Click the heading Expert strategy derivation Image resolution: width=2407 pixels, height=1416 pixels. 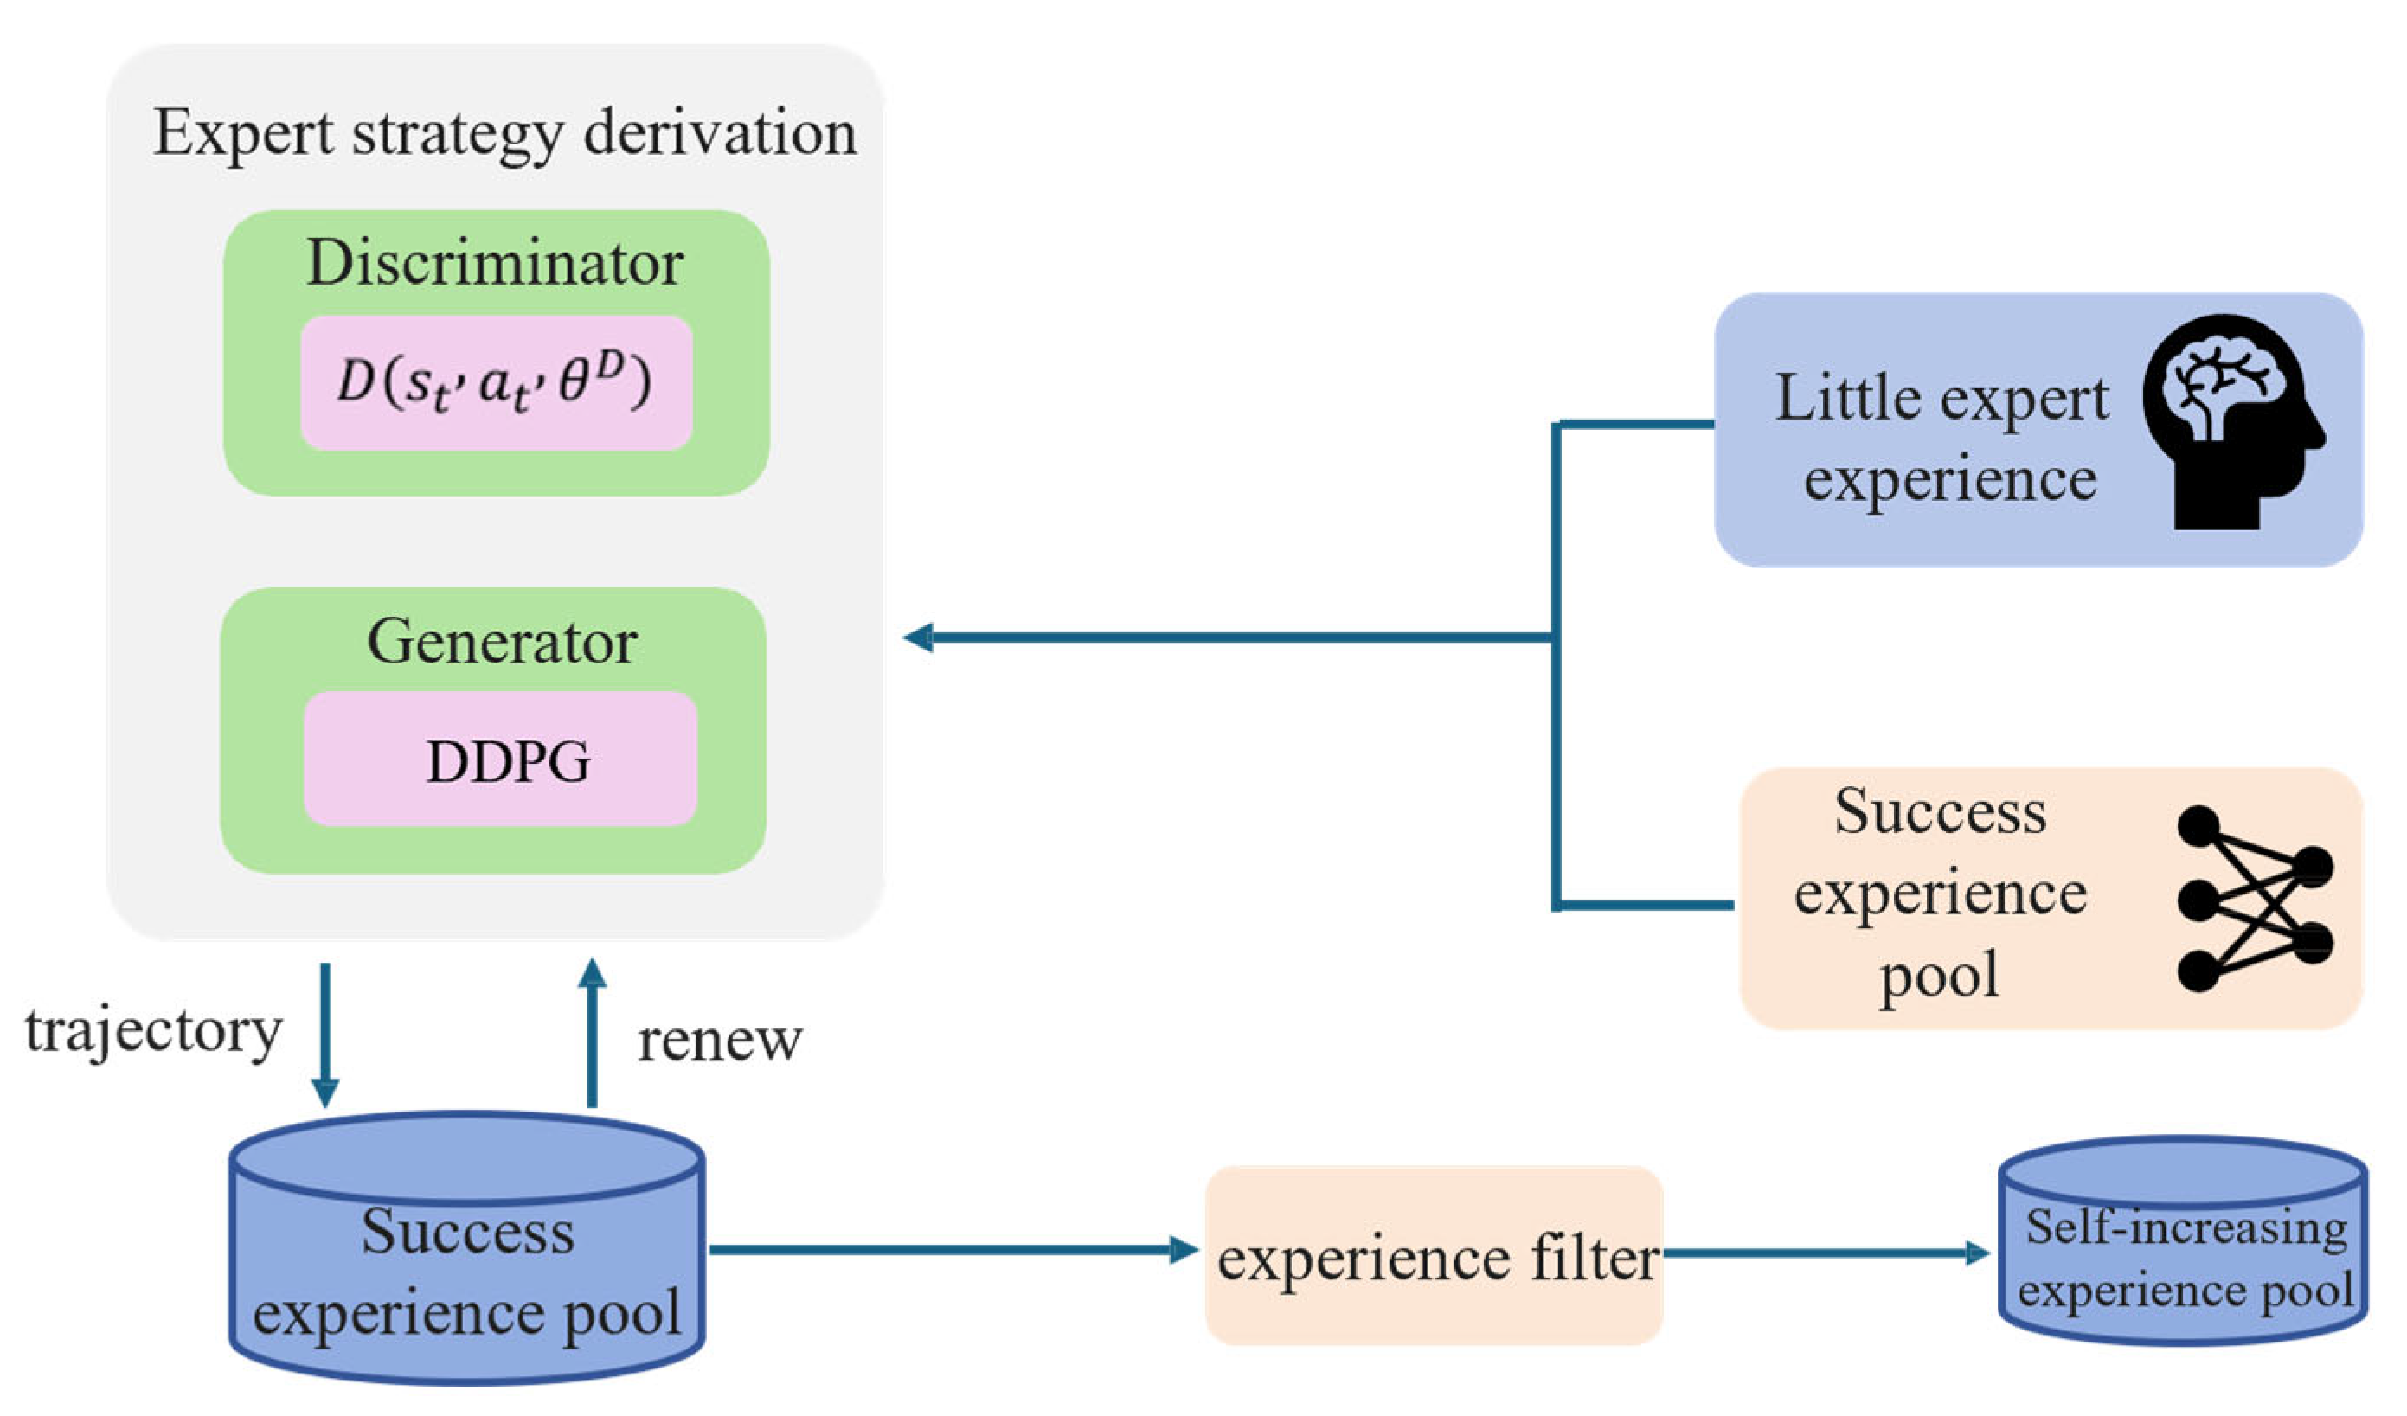point(504,134)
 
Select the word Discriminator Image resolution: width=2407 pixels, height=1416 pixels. point(495,263)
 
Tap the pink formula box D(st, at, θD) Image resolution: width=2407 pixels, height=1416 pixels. point(496,383)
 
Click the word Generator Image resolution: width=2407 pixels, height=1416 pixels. point(502,642)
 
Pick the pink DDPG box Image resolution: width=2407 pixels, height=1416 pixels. point(500,760)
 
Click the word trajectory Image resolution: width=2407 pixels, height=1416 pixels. point(154,1032)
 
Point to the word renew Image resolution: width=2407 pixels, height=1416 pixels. point(720,1041)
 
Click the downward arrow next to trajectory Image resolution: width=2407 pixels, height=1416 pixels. point(325,1036)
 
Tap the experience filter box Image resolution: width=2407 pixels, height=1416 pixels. point(1434,1257)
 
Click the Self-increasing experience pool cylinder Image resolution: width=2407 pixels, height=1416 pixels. point(2184,1241)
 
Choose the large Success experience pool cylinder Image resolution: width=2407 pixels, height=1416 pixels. point(467,1251)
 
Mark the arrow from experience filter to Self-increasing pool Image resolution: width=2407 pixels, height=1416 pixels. point(1825,1253)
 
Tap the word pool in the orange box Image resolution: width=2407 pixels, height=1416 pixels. point(1939,974)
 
